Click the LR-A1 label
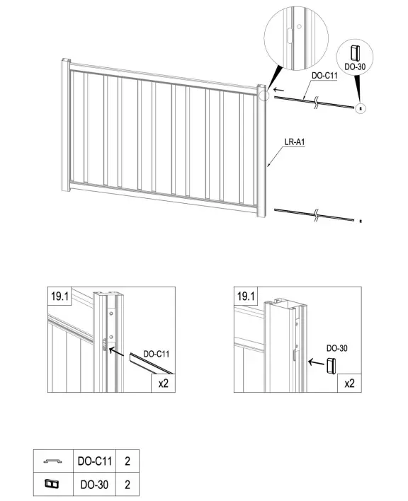[x=295, y=142]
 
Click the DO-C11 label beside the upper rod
[x=324, y=76]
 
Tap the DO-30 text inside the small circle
[x=355, y=67]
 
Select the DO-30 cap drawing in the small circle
[x=356, y=53]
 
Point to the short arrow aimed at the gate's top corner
[x=278, y=90]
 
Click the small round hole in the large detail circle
[x=299, y=27]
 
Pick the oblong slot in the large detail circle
[x=289, y=35]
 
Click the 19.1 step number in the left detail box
[x=59, y=296]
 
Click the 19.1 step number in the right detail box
[x=246, y=296]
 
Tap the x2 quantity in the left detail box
[x=163, y=383]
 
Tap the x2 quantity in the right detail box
[x=349, y=383]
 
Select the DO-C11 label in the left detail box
[x=156, y=354]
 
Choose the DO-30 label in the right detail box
[x=336, y=348]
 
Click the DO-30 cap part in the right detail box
[x=331, y=366]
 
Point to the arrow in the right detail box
[x=316, y=362]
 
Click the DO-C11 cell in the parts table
[x=95, y=461]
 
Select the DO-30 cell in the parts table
[x=95, y=485]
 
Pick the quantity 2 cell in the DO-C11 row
[x=127, y=461]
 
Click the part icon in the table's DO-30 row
[x=52, y=484]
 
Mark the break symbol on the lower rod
[x=316, y=214]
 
